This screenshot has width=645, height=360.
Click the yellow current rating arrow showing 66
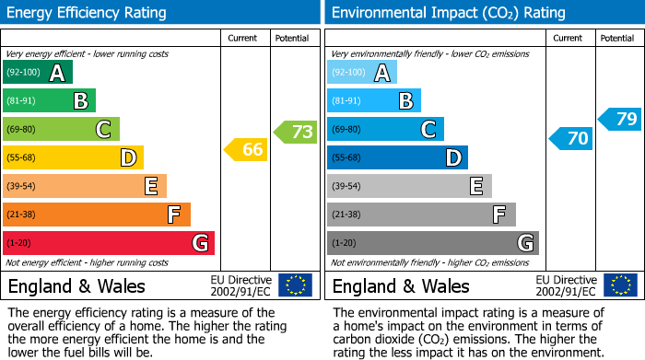pyautogui.click(x=247, y=149)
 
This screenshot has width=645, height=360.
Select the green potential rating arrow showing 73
pyautogui.click(x=296, y=132)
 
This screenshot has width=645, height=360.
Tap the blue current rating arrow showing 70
pyautogui.click(x=571, y=139)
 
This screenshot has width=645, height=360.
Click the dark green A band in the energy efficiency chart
pyautogui.click(x=38, y=73)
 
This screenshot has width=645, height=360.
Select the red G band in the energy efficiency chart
pyautogui.click(x=109, y=243)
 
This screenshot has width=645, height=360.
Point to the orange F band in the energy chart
pyautogui.click(x=97, y=215)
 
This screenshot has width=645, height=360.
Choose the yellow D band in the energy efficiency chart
pyautogui.click(x=73, y=157)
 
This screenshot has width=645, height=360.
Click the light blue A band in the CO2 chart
pyautogui.click(x=362, y=73)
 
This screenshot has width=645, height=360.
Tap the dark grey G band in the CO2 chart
pyautogui.click(x=433, y=243)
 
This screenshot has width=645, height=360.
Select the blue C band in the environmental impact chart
pyautogui.click(x=385, y=129)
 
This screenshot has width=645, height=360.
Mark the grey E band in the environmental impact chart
pyautogui.click(x=409, y=186)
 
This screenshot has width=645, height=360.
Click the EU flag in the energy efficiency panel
pyautogui.click(x=295, y=285)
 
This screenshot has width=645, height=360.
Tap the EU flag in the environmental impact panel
pyautogui.click(x=619, y=285)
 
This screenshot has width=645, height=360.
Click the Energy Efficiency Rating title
pyautogui.click(x=88, y=13)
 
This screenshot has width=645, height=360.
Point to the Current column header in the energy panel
pyautogui.click(x=243, y=38)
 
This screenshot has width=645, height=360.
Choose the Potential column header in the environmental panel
pyautogui.click(x=616, y=38)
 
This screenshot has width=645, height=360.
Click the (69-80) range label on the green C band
pyautogui.click(x=23, y=130)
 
